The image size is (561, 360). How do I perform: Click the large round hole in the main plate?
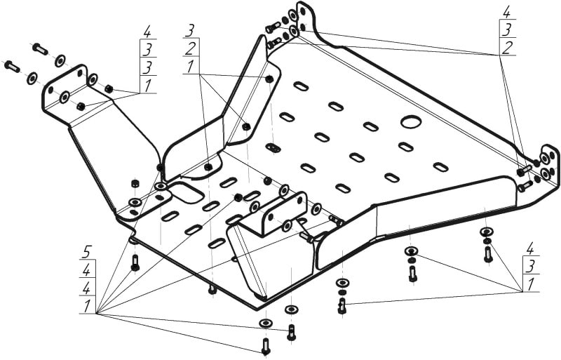pos(410,121)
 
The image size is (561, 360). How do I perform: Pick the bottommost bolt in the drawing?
pos(265,345)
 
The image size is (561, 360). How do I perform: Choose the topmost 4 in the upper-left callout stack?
pos(147,32)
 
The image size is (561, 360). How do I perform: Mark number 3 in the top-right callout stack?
pos(507,29)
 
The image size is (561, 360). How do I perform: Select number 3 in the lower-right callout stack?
pos(531,266)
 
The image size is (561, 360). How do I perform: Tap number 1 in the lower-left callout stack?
pos(86,305)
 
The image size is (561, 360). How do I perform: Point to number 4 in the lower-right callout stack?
pos(531,248)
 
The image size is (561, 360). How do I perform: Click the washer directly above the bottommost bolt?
pos(265,322)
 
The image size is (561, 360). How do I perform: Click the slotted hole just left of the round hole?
pos(370,126)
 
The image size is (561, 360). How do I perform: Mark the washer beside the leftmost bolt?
pos(32,78)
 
